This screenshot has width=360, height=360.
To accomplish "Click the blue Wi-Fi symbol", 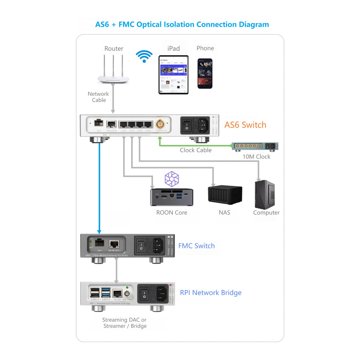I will click(x=144, y=56).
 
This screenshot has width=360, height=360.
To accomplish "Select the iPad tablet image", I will click(x=173, y=75).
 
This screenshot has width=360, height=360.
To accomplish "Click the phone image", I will click(x=205, y=73).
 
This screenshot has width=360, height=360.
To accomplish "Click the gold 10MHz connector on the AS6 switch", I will click(x=160, y=124).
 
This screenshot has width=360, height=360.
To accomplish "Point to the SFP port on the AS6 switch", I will click(x=99, y=123).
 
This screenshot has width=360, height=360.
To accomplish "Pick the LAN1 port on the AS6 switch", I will click(x=124, y=124).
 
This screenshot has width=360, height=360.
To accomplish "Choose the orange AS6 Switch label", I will click(x=245, y=125).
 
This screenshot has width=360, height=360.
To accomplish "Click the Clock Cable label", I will click(x=196, y=150).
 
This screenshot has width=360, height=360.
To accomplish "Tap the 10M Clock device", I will click(x=255, y=146).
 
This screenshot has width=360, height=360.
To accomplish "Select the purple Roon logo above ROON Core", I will click(x=172, y=179).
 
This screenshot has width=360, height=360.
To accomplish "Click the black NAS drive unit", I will click(x=225, y=194).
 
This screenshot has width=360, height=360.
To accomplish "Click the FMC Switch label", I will click(x=196, y=246).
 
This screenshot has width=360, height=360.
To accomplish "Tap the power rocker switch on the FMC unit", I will click(x=141, y=246).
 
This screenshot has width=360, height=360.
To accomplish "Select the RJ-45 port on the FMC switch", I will click(x=114, y=244).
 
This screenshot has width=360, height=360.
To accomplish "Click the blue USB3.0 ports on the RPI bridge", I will click(x=106, y=292).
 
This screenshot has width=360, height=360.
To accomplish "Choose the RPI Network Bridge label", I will click(x=211, y=292).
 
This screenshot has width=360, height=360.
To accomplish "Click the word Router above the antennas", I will click(x=114, y=49).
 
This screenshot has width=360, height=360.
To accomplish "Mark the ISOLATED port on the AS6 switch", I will click(x=111, y=124).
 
